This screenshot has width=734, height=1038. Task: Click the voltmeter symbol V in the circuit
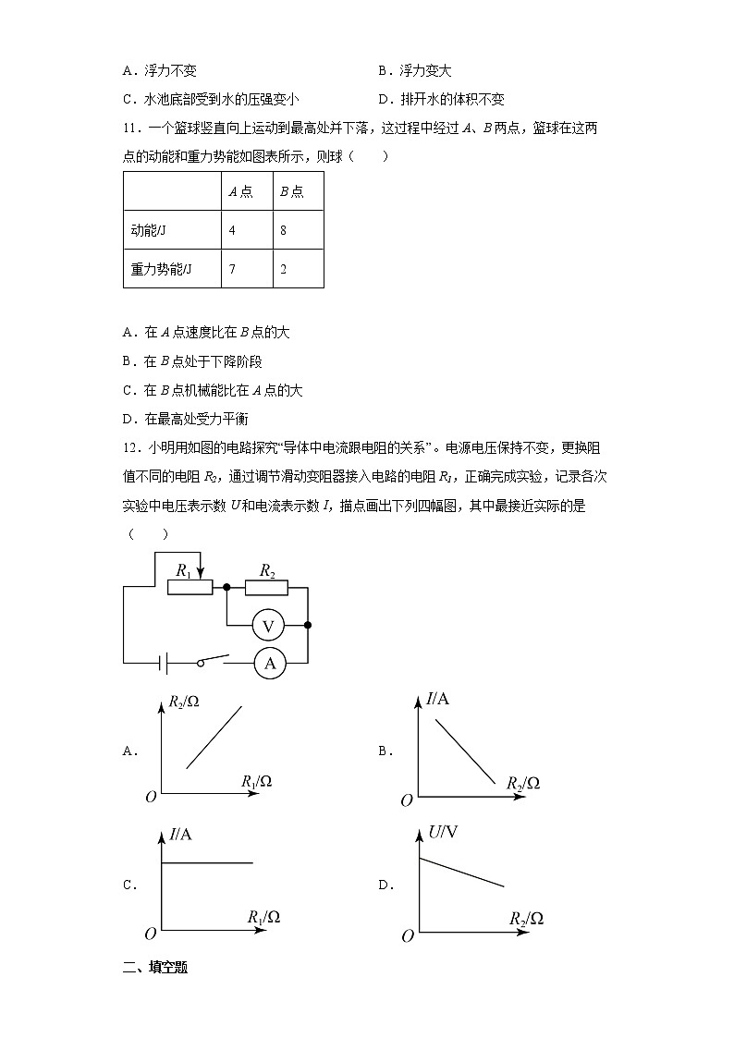click(x=268, y=626)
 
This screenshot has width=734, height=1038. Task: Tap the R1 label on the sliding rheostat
click(x=183, y=572)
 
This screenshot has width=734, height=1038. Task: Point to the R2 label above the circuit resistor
click(x=267, y=571)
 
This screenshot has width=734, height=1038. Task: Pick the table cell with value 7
click(x=232, y=269)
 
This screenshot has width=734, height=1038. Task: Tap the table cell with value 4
click(x=232, y=230)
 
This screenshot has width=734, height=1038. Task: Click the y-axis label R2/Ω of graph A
click(x=184, y=702)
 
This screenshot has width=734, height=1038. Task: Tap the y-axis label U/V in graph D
click(x=444, y=833)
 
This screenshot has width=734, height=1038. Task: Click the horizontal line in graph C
click(x=207, y=862)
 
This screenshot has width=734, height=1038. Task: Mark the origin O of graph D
click(x=407, y=936)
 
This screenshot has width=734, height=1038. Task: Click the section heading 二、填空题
click(x=155, y=968)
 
